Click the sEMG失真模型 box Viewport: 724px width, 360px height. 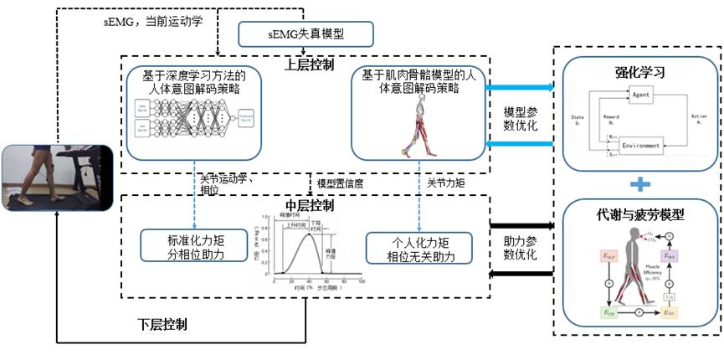[x=305, y=34]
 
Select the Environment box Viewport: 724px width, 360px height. [x=642, y=146]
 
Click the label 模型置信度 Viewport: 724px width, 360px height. [x=339, y=183]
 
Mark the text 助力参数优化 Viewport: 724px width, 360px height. [x=521, y=247]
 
